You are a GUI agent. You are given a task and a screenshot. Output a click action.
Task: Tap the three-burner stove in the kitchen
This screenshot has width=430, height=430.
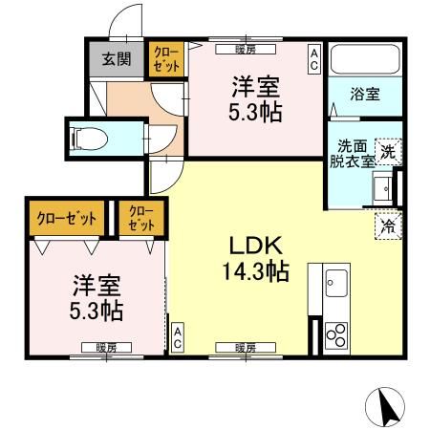336,335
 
